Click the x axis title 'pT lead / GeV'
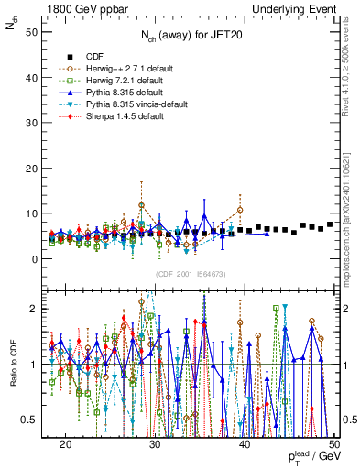pyautogui.click(x=310, y=455)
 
